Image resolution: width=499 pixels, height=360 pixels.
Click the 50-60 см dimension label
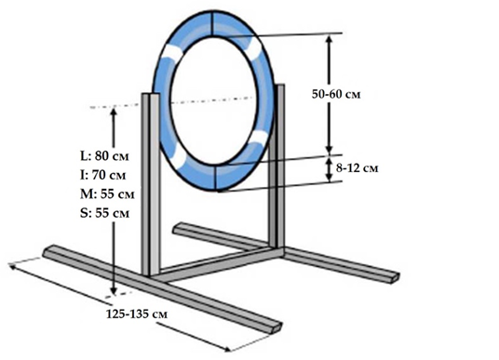pyautogui.click(x=336, y=95)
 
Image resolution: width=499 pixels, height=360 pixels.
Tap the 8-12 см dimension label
pyautogui.click(x=357, y=168)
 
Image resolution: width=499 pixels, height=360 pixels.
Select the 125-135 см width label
pyautogui.click(x=137, y=313)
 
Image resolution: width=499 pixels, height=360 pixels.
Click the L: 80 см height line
pyautogui.click(x=104, y=156)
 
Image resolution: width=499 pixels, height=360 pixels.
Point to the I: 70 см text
pyautogui.click(x=102, y=175)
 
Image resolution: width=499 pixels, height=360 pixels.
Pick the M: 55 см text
pyautogui.click(x=107, y=194)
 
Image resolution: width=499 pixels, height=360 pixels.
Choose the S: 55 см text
pyautogui.click(x=104, y=213)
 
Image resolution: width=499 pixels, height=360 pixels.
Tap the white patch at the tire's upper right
pyautogui.click(x=254, y=49)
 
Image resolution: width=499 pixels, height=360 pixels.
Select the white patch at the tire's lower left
pyautogui.click(x=179, y=156)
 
